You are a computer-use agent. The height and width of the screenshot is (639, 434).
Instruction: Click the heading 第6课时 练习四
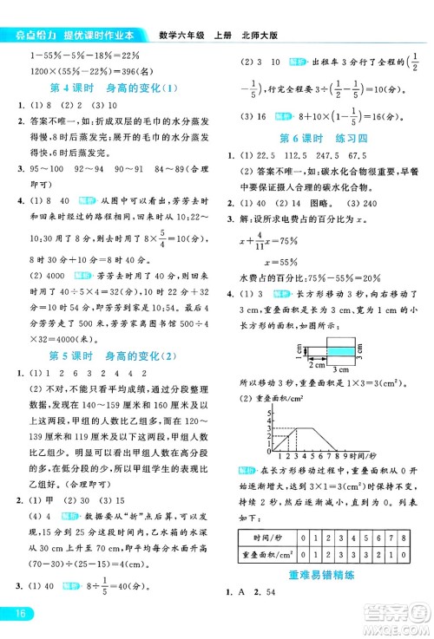[324, 139]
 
